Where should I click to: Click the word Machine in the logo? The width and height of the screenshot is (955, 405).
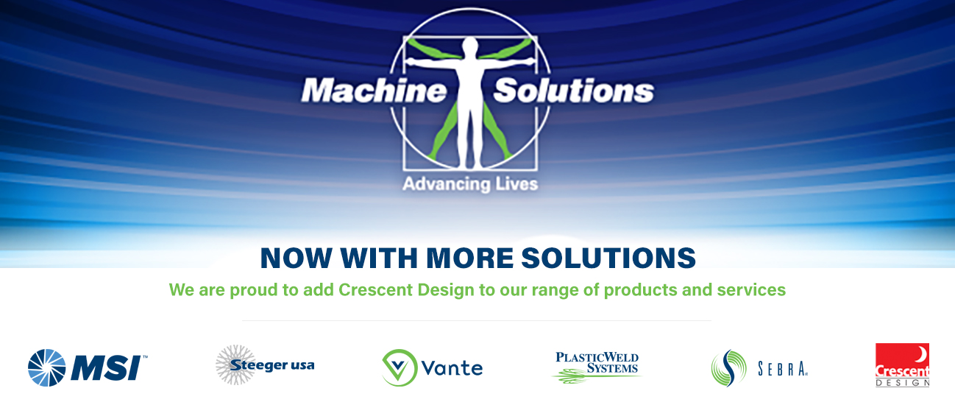(374, 91)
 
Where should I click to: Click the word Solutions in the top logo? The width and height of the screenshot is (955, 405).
(573, 91)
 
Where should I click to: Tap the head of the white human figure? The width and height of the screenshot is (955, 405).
(470, 46)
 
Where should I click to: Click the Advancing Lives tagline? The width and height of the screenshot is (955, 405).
(470, 184)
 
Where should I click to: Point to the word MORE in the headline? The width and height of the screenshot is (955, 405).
(470, 258)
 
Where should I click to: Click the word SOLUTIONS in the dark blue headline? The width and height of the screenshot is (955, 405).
(608, 258)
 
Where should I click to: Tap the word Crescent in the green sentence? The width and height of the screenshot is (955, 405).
(376, 290)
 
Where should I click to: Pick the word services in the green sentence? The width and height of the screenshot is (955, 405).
(751, 290)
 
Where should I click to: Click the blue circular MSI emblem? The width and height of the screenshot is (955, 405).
(47, 368)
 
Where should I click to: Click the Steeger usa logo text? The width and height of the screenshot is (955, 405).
(272, 365)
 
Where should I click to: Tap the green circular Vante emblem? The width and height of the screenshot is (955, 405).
(400, 367)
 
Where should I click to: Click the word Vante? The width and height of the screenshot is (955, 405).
(452, 368)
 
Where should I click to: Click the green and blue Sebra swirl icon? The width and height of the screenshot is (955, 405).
(728, 368)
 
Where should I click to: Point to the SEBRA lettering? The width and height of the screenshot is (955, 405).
(783, 369)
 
